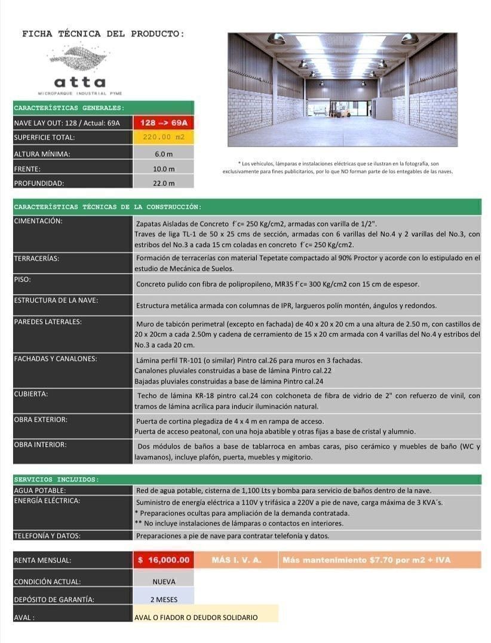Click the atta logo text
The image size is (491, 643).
point(79,82)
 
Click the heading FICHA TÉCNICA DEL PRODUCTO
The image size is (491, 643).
point(103,34)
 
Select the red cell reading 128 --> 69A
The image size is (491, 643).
point(164,123)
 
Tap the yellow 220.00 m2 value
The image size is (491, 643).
point(164,137)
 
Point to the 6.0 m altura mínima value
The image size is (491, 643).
point(164,154)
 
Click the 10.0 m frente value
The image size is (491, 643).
point(164,169)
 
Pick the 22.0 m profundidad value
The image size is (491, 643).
point(164,183)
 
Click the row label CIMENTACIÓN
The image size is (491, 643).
point(38,221)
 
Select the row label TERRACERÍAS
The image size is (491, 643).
point(37,258)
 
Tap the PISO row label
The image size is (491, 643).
point(22,279)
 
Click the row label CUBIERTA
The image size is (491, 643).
point(31,394)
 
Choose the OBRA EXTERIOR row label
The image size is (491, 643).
point(41,419)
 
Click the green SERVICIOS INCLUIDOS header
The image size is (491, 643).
point(57,480)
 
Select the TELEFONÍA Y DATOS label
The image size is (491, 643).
point(47,536)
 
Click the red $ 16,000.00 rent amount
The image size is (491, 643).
point(164,560)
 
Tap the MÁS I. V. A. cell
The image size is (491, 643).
point(237,560)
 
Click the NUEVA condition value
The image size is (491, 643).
point(164,581)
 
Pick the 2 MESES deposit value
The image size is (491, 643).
point(164,599)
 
